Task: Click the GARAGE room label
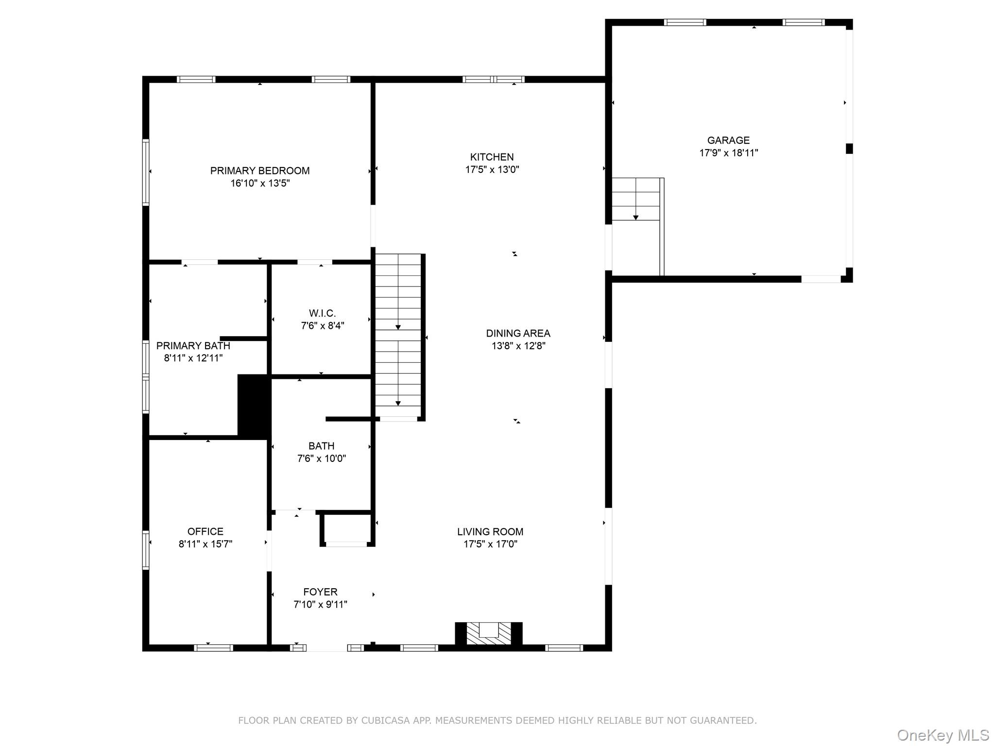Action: [728, 140]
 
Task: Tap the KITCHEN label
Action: [492, 157]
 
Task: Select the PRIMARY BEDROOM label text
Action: [259, 170]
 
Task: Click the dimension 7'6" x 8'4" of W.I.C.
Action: [322, 325]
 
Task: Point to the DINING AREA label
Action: [518, 333]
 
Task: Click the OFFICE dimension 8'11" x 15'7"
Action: [205, 544]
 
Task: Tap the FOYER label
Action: [320, 592]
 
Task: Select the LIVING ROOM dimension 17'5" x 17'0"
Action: [490, 544]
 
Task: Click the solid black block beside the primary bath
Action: [253, 405]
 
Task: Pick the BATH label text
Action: [321, 445]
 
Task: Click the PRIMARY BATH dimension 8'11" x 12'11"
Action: [193, 358]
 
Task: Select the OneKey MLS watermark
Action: [943, 735]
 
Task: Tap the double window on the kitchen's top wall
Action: [493, 79]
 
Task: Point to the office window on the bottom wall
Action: [213, 647]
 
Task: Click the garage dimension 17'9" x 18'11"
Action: [728, 153]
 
